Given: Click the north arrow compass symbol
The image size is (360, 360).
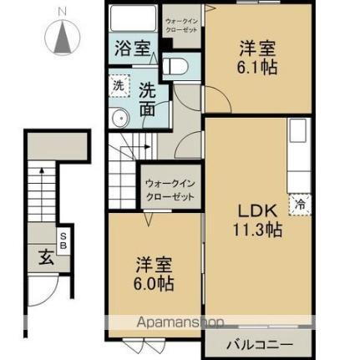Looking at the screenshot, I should click(x=62, y=38).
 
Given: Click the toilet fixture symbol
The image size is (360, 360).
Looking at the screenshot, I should click(x=176, y=64).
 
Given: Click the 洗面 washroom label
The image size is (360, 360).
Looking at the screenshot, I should click(x=146, y=99).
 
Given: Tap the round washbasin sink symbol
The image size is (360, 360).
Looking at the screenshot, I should click(x=119, y=116).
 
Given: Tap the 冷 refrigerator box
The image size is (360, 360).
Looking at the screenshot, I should click(x=299, y=201).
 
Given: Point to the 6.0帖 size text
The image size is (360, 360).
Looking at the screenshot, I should click(x=156, y=282).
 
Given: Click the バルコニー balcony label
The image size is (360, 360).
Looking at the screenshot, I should click(x=257, y=344).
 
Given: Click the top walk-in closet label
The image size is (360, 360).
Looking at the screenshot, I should click(x=180, y=25).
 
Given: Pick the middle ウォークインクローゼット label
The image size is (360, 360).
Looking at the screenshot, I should click(x=170, y=189).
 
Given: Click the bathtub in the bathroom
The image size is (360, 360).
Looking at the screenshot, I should click(x=133, y=20).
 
